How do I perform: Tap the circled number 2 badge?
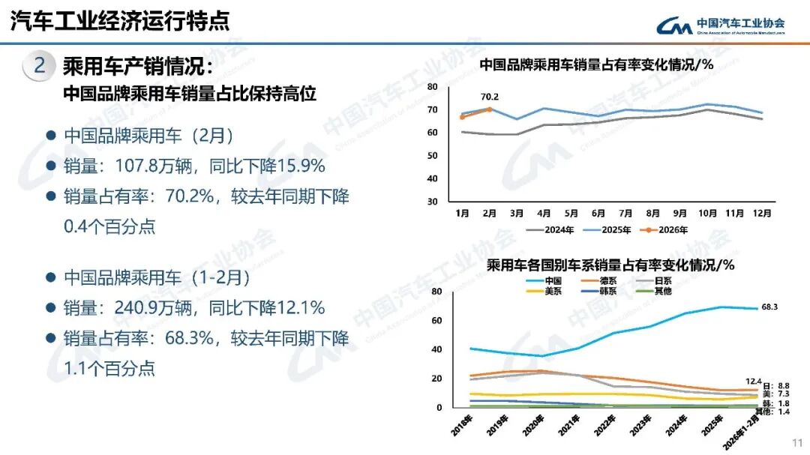pos(40,66)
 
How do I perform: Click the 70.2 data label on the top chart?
pos(490,97)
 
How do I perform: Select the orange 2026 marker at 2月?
pos(490,109)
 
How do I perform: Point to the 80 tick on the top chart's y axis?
pos(432,87)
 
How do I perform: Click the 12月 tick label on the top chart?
pos(762,214)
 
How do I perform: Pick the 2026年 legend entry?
pos(667,230)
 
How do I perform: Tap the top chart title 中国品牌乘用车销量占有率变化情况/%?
pos(595,64)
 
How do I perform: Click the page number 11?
pos(797,442)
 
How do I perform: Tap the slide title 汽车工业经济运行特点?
pos(120,21)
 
